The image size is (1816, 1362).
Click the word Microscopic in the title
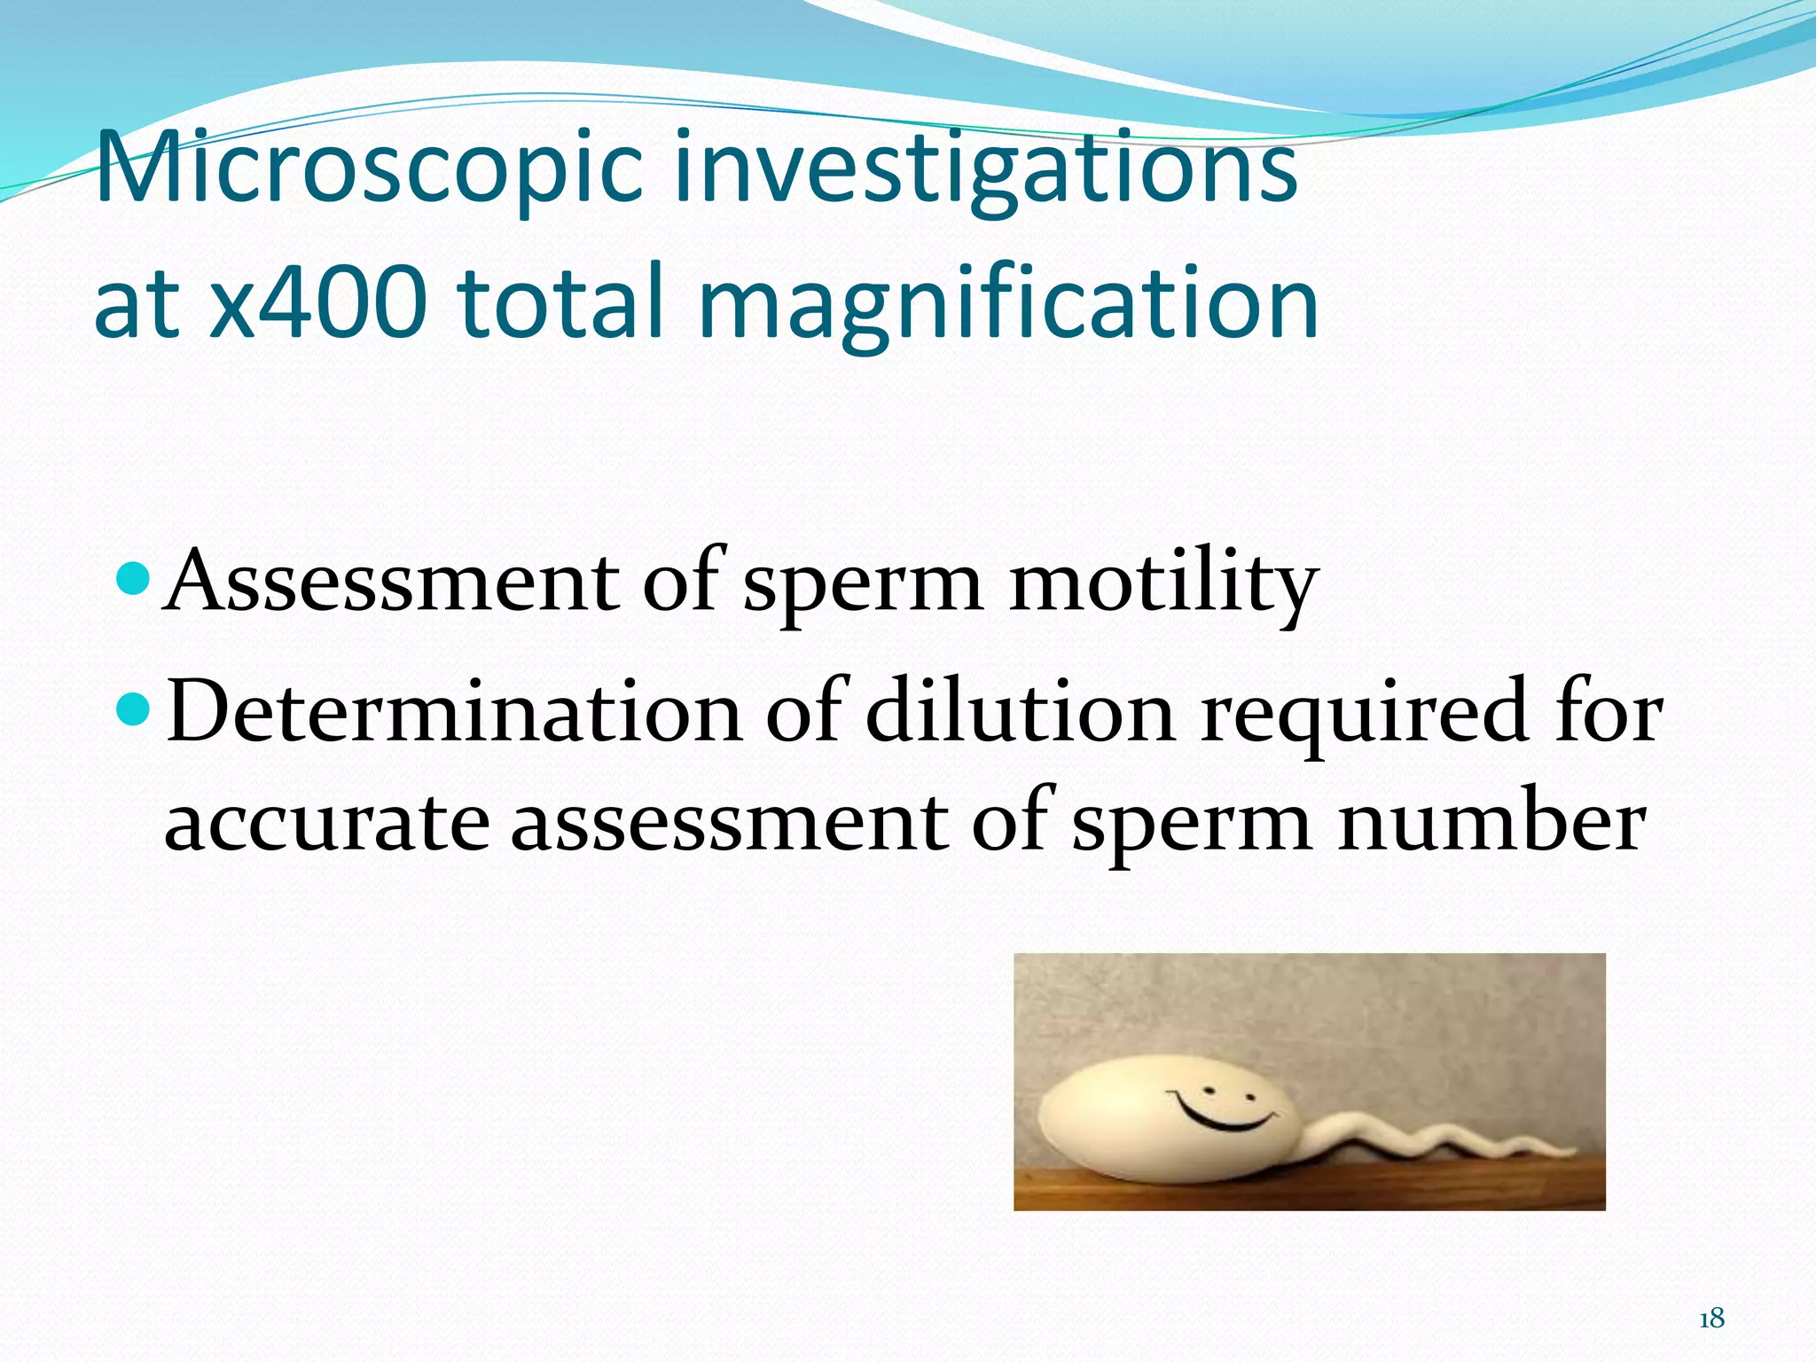click(x=368, y=167)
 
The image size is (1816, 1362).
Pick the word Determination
click(x=454, y=711)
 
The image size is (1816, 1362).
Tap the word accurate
click(x=326, y=823)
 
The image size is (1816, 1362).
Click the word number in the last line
click(x=1491, y=823)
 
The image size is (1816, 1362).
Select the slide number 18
click(x=1711, y=1319)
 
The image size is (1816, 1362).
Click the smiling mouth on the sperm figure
click(x=1225, y=1115)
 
